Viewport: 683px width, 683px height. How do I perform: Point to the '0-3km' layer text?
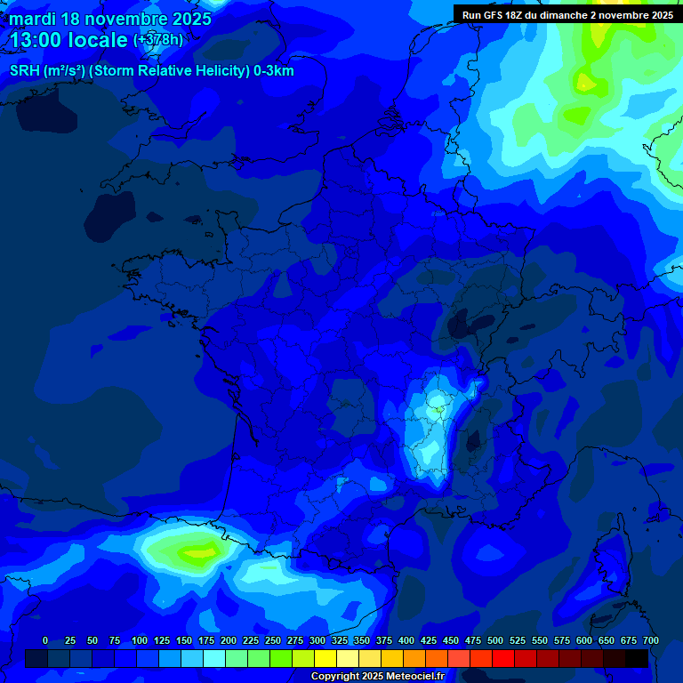273,71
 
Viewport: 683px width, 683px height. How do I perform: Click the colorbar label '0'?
45,640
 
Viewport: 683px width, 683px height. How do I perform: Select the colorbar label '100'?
140,640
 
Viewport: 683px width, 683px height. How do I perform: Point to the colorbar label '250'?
273,640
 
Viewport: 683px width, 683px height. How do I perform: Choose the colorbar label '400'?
406,640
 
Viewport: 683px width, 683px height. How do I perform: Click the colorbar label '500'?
495,640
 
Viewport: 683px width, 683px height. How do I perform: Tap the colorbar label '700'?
651,640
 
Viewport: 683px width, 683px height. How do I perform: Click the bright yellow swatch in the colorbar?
325,658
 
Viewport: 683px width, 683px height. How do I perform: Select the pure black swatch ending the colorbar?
637,658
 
